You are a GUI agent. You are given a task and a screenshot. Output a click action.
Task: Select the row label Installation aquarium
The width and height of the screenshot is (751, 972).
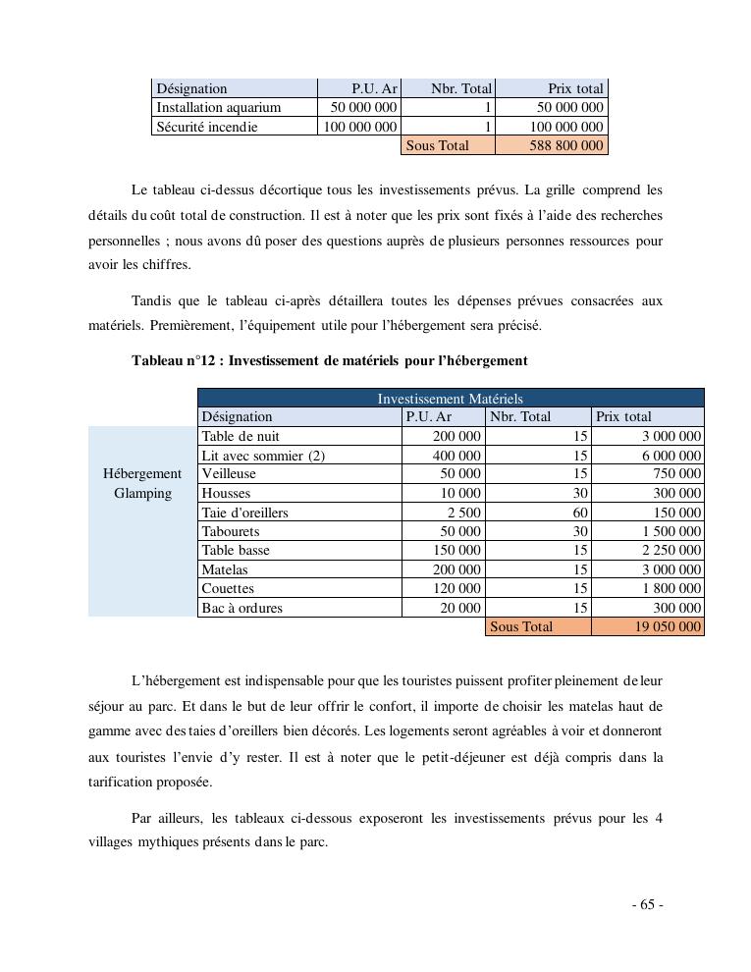pos(219,107)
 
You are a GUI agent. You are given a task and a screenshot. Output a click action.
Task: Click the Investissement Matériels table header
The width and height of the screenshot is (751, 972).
pos(451,399)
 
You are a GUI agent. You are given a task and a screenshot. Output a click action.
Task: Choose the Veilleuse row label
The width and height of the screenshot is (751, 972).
pos(229,474)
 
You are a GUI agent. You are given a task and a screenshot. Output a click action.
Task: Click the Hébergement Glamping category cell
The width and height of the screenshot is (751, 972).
pos(142,484)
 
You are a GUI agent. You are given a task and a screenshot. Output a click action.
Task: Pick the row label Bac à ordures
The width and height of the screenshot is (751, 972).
pos(241,608)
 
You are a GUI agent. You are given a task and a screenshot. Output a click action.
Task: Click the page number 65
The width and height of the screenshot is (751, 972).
pos(647,905)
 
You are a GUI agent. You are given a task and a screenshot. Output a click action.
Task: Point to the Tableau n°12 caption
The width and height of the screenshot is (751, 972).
pos(330,360)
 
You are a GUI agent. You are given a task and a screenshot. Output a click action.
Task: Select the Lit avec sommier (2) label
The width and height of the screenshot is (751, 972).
pos(263,456)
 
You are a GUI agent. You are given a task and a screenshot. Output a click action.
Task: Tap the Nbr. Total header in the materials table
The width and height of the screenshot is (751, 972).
pos(520,416)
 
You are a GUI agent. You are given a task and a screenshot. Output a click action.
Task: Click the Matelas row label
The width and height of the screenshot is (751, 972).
pos(225,569)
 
